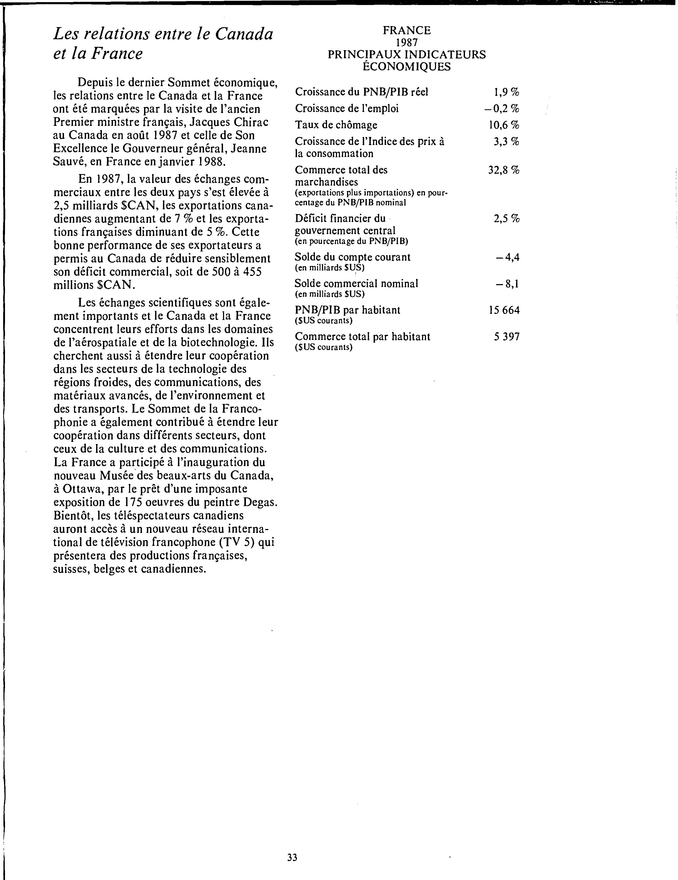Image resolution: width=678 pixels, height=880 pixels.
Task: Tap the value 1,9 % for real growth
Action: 506,92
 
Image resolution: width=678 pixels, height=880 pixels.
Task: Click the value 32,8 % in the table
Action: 504,170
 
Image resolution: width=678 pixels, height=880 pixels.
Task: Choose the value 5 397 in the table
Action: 507,337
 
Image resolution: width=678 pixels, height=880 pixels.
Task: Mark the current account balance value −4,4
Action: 508,257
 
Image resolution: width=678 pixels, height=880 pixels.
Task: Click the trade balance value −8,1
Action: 508,284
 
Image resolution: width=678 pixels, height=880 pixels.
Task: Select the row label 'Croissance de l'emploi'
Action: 347,109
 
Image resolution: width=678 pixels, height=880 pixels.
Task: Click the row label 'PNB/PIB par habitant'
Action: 347,310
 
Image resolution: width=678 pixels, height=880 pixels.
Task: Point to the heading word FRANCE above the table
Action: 407,31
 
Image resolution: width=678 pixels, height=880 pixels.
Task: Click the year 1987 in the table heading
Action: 407,42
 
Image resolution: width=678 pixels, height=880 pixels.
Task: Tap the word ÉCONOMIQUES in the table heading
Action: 407,67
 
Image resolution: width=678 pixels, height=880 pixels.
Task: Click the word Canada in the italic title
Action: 244,34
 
